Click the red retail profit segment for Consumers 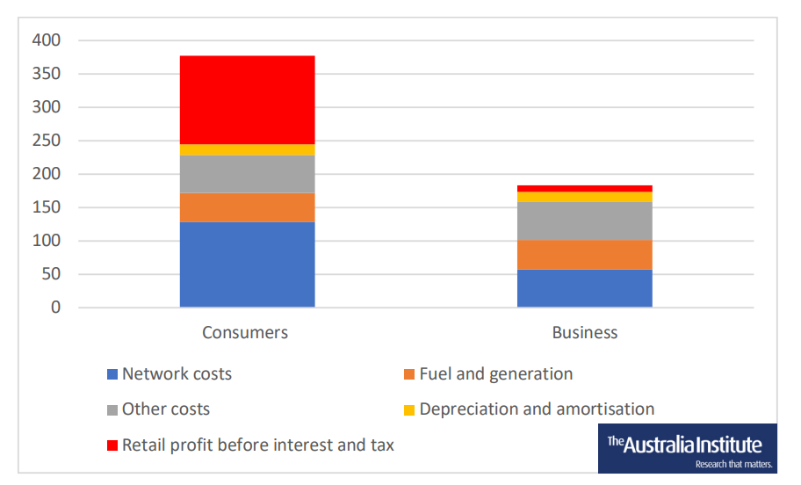(x=247, y=99)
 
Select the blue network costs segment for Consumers (x=247, y=264)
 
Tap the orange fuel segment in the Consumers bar (x=247, y=207)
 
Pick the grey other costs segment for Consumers (x=247, y=174)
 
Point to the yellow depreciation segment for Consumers (x=247, y=149)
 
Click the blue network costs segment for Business (x=584, y=288)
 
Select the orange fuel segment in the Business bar (x=584, y=255)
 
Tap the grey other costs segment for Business (x=584, y=221)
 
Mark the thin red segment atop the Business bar (x=584, y=188)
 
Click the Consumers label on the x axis (x=245, y=333)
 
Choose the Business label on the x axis (x=584, y=333)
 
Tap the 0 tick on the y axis (x=55, y=308)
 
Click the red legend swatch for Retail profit (x=112, y=445)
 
